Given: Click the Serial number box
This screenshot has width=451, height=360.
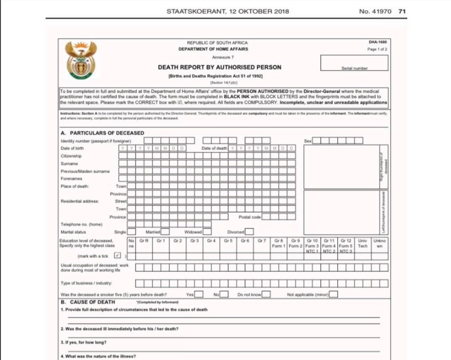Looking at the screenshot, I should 355,63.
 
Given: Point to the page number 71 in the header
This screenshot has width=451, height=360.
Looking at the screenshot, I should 402,11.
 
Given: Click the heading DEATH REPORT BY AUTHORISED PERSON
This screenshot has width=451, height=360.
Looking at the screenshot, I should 220,68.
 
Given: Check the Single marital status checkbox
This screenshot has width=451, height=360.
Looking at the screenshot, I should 132,231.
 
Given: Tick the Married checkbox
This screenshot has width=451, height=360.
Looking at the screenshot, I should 165,231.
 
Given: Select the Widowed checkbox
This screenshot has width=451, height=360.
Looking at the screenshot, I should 207,231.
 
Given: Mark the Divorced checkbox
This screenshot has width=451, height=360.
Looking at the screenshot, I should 249,231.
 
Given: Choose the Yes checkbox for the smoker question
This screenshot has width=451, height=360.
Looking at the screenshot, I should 199,294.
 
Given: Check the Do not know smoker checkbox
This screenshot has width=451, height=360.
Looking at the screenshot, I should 267,294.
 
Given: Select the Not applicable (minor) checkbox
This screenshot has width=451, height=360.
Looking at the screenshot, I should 333,294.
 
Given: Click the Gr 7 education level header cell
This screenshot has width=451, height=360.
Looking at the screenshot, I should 262,241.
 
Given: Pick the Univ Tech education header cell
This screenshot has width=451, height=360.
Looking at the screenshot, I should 362,243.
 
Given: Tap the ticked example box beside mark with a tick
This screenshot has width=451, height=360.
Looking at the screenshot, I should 117,255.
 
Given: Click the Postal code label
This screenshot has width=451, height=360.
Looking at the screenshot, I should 250,217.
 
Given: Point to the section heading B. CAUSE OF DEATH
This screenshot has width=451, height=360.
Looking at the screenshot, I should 88,302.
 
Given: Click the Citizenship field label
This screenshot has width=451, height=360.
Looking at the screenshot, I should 71,156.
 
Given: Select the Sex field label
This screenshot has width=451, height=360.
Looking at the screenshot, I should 308,141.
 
